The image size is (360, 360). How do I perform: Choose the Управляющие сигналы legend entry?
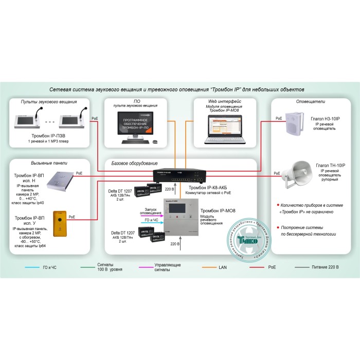pyautogui.click(x=167, y=267)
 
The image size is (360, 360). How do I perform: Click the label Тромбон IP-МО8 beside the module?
pyautogui.click(x=217, y=210)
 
